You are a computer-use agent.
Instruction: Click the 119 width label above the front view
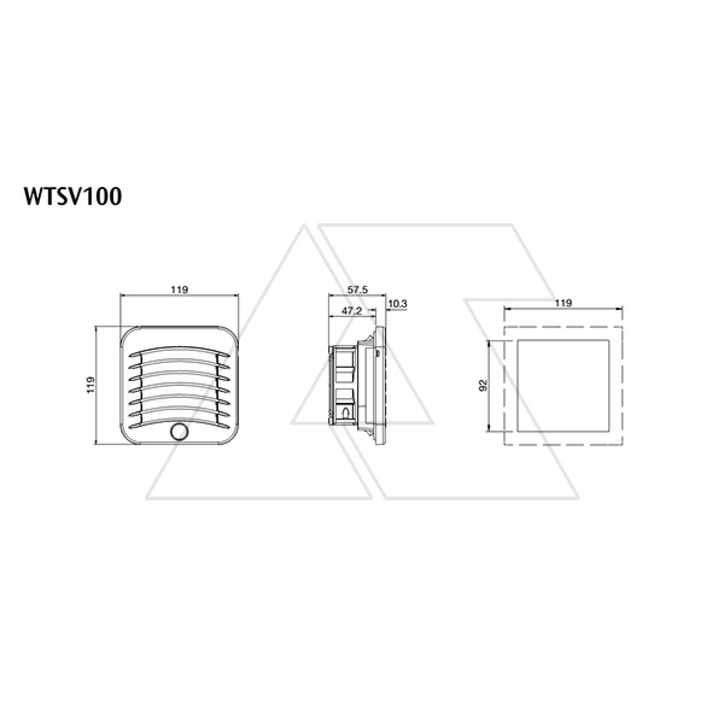tap(180, 290)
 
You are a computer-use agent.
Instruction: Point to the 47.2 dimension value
tap(352, 311)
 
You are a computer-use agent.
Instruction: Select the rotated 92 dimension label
tap(483, 386)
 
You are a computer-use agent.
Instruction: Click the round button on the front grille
tap(179, 432)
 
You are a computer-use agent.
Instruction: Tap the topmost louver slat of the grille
tap(180, 352)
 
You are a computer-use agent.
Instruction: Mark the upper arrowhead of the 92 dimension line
tap(489, 342)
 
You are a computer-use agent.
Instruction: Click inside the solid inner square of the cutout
tap(563, 386)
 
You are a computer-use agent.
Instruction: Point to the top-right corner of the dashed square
tap(622, 327)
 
